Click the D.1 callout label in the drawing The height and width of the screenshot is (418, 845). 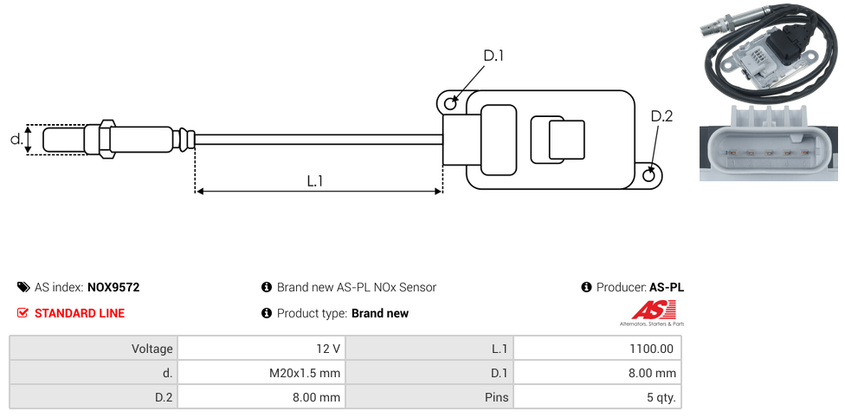point(493,56)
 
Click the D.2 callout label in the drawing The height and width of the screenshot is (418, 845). point(661,117)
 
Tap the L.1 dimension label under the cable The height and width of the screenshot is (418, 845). point(315,181)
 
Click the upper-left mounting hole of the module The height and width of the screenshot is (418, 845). point(450,103)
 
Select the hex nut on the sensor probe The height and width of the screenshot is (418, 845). point(107,139)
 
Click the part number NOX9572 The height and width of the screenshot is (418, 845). point(113,287)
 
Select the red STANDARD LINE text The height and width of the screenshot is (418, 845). point(79,313)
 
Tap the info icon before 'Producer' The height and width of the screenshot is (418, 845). point(587,287)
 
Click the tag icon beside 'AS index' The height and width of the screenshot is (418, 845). point(23,287)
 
